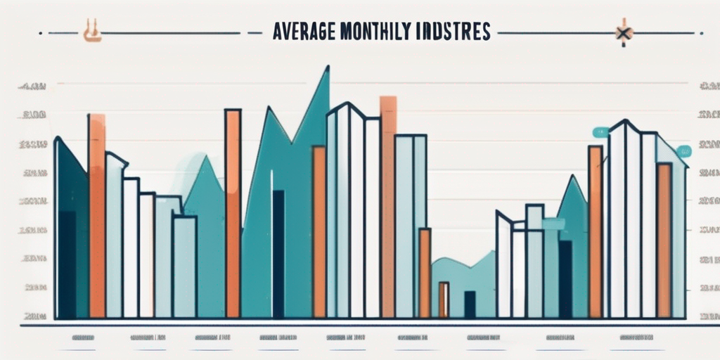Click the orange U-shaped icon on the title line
point(89,32)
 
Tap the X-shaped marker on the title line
point(622,32)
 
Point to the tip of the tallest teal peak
point(326,68)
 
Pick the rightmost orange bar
point(663,239)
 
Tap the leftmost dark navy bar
point(67,264)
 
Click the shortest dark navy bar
point(470,304)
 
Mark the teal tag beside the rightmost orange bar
point(682,151)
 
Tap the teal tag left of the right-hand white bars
point(600,131)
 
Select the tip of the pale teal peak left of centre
point(206,158)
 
